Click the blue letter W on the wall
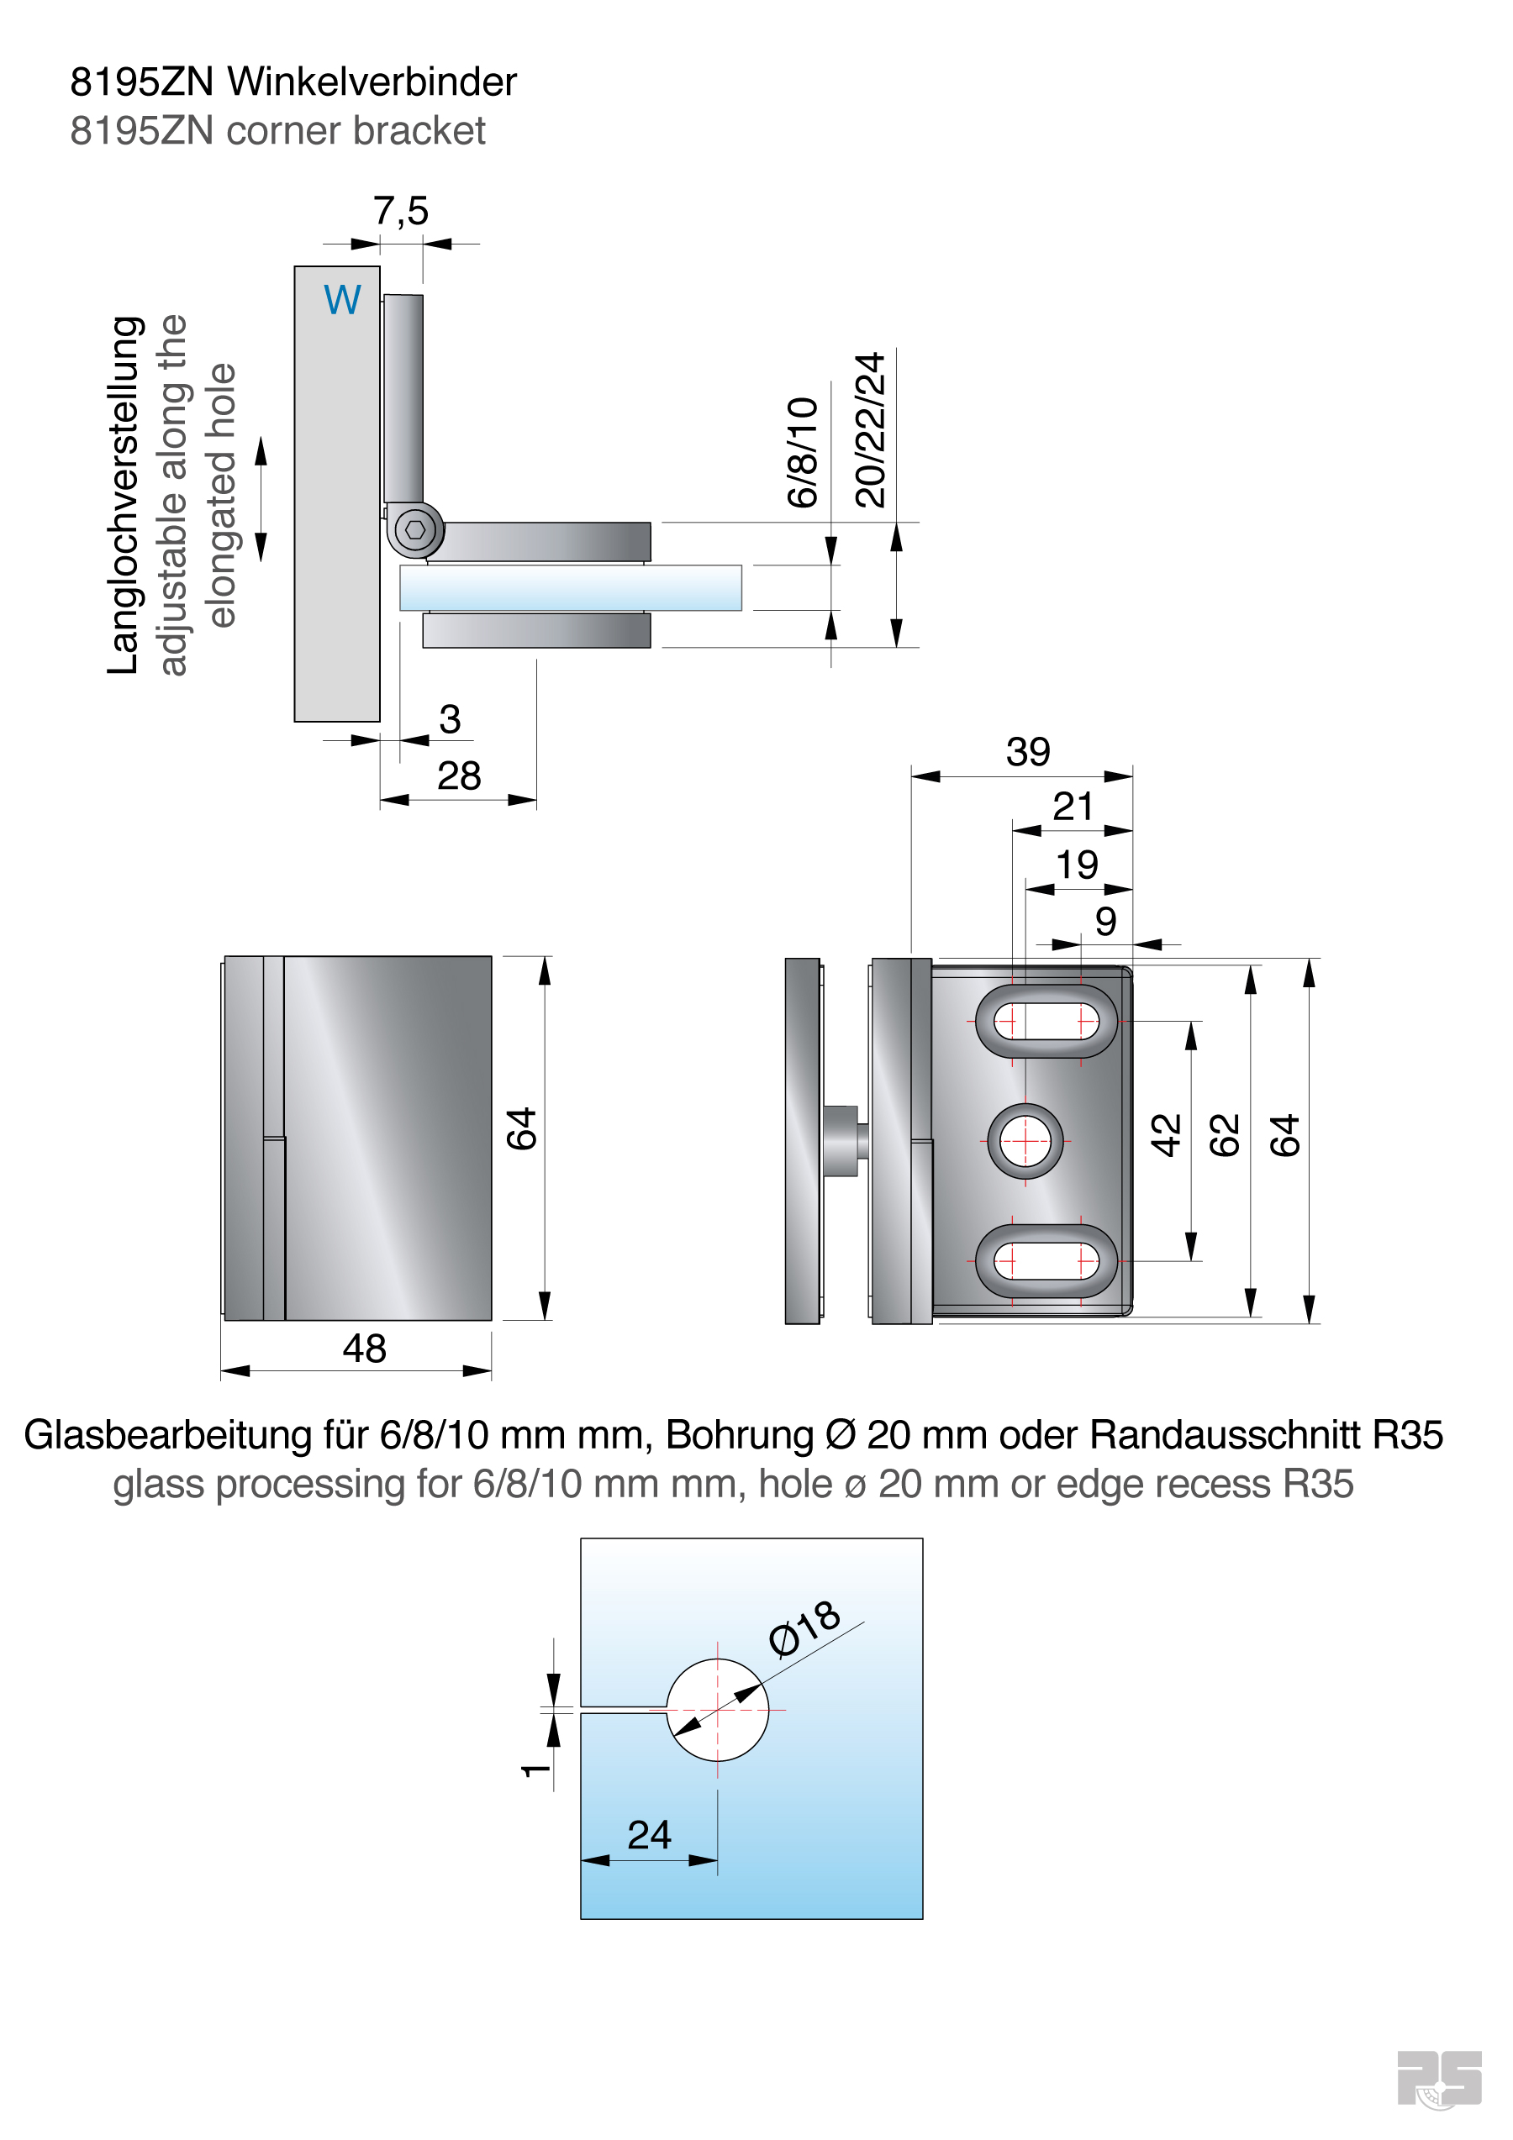pyautogui.click(x=342, y=299)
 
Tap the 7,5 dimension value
pyautogui.click(x=401, y=212)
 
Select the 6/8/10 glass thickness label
pyautogui.click(x=802, y=453)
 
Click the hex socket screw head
pyautogui.click(x=415, y=530)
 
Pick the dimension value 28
pyautogui.click(x=459, y=776)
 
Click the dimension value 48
pyautogui.click(x=364, y=1348)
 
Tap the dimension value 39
pyautogui.click(x=1027, y=751)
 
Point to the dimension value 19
pyautogui.click(x=1077, y=864)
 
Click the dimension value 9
pyautogui.click(x=1105, y=921)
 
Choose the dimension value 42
pyautogui.click(x=1165, y=1134)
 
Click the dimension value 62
pyautogui.click(x=1224, y=1134)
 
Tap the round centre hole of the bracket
pyautogui.click(x=1025, y=1141)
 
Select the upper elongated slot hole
pyautogui.click(x=1046, y=1021)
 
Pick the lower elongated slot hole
pyautogui.click(x=1046, y=1261)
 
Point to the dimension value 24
pyautogui.click(x=649, y=1834)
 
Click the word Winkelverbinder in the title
pyautogui.click(x=372, y=82)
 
